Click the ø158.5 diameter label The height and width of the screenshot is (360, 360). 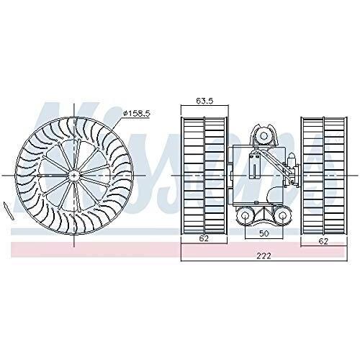tap(137, 114)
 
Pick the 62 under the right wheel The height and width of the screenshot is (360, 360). tap(323, 242)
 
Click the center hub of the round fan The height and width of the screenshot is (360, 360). tap(75, 174)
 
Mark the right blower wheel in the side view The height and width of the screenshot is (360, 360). tap(322, 175)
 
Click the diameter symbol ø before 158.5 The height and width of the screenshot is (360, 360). tap(125, 114)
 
